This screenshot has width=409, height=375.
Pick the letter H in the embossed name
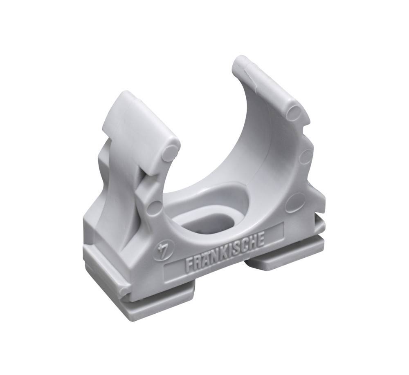pos(253,241)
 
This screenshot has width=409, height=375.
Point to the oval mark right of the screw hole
pos(295,202)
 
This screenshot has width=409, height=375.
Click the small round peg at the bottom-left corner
pos(124,291)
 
